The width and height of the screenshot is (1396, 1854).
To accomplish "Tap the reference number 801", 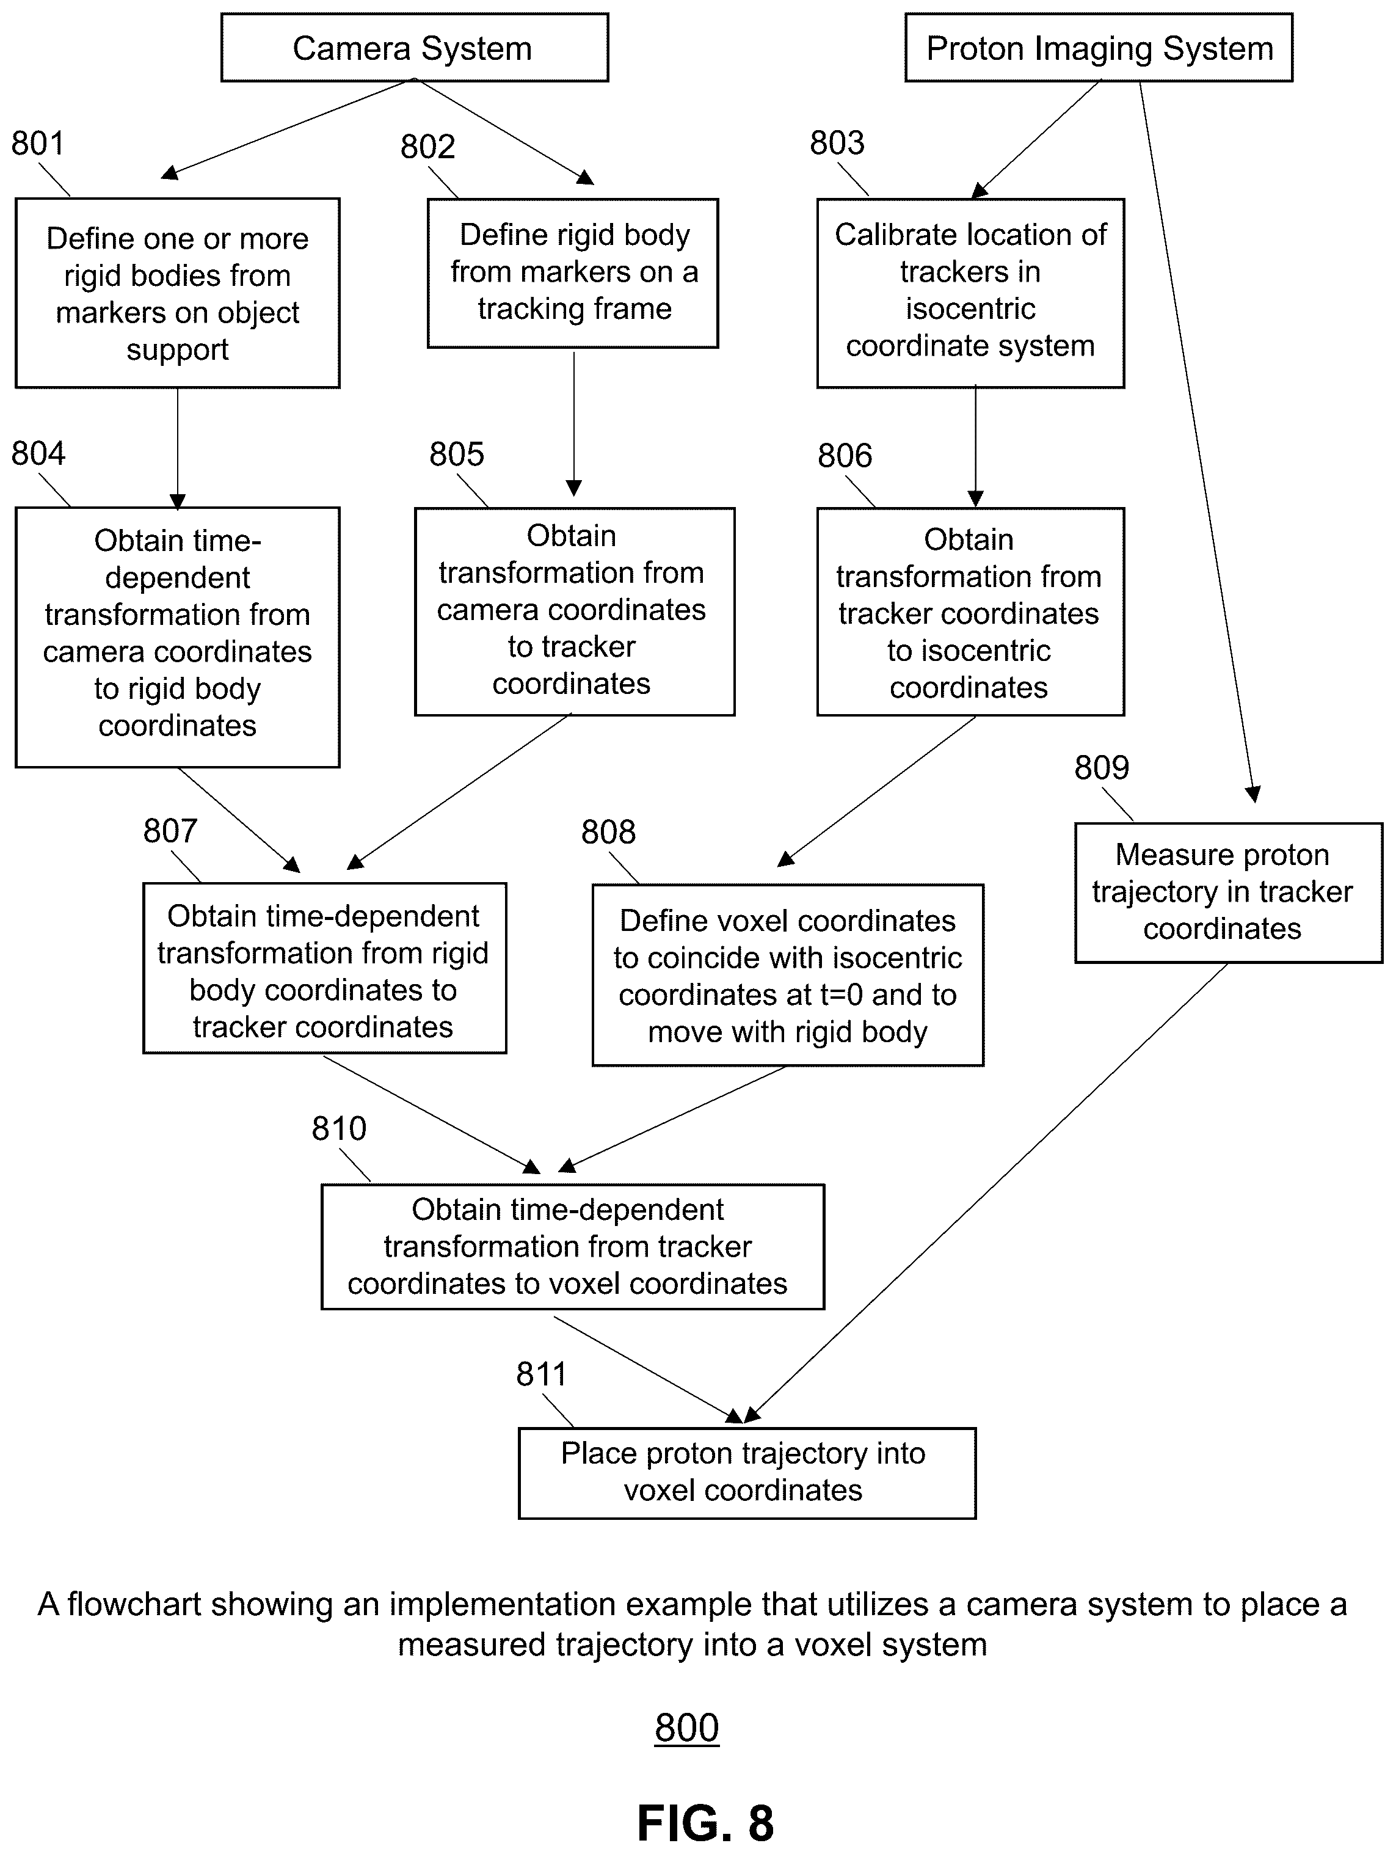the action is click(x=38, y=144).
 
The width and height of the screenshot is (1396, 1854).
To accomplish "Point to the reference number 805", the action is click(x=457, y=454).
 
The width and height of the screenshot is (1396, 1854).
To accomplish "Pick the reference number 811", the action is click(x=541, y=1374).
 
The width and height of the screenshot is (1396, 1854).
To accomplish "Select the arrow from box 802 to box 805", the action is click(x=574, y=423).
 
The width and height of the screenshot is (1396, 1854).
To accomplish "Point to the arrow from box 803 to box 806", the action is click(x=975, y=446).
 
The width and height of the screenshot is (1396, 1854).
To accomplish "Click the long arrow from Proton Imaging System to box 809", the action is click(x=1196, y=442).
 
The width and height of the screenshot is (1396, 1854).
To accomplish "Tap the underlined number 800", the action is click(x=687, y=1728).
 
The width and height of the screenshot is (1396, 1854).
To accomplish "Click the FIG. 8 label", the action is click(x=705, y=1823).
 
